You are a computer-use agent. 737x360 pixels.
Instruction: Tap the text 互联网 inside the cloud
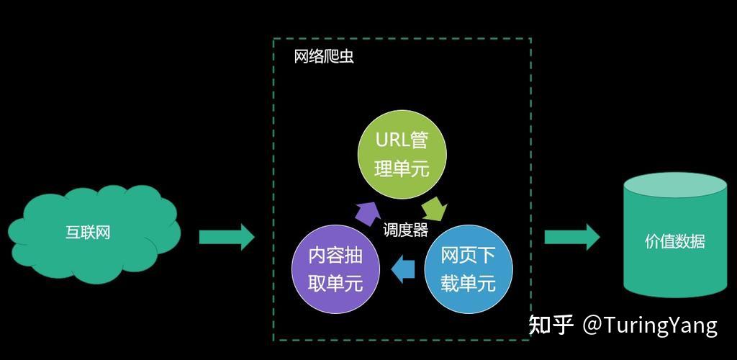pyautogui.click(x=88, y=233)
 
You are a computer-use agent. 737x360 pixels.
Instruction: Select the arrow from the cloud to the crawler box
pyautogui.click(x=226, y=236)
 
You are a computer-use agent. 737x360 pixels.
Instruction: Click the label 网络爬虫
pyautogui.click(x=324, y=57)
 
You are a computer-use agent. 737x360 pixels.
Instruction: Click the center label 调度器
pyautogui.click(x=405, y=230)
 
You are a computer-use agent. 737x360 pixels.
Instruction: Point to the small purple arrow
pyautogui.click(x=368, y=211)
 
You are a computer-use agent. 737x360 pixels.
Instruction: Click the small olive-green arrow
pyautogui.click(x=434, y=209)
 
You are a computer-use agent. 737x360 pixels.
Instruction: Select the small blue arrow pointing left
pyautogui.click(x=403, y=269)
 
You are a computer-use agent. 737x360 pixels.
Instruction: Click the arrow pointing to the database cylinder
pyautogui.click(x=571, y=237)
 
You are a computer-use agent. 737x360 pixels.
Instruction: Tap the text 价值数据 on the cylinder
pyautogui.click(x=674, y=242)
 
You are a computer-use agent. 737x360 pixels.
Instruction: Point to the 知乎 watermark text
pyautogui.click(x=551, y=325)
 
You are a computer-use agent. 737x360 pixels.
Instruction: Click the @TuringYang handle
pyautogui.click(x=650, y=325)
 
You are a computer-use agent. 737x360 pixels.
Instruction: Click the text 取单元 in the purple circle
pyautogui.click(x=335, y=284)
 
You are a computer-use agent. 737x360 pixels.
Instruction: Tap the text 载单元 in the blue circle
pyautogui.click(x=469, y=284)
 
